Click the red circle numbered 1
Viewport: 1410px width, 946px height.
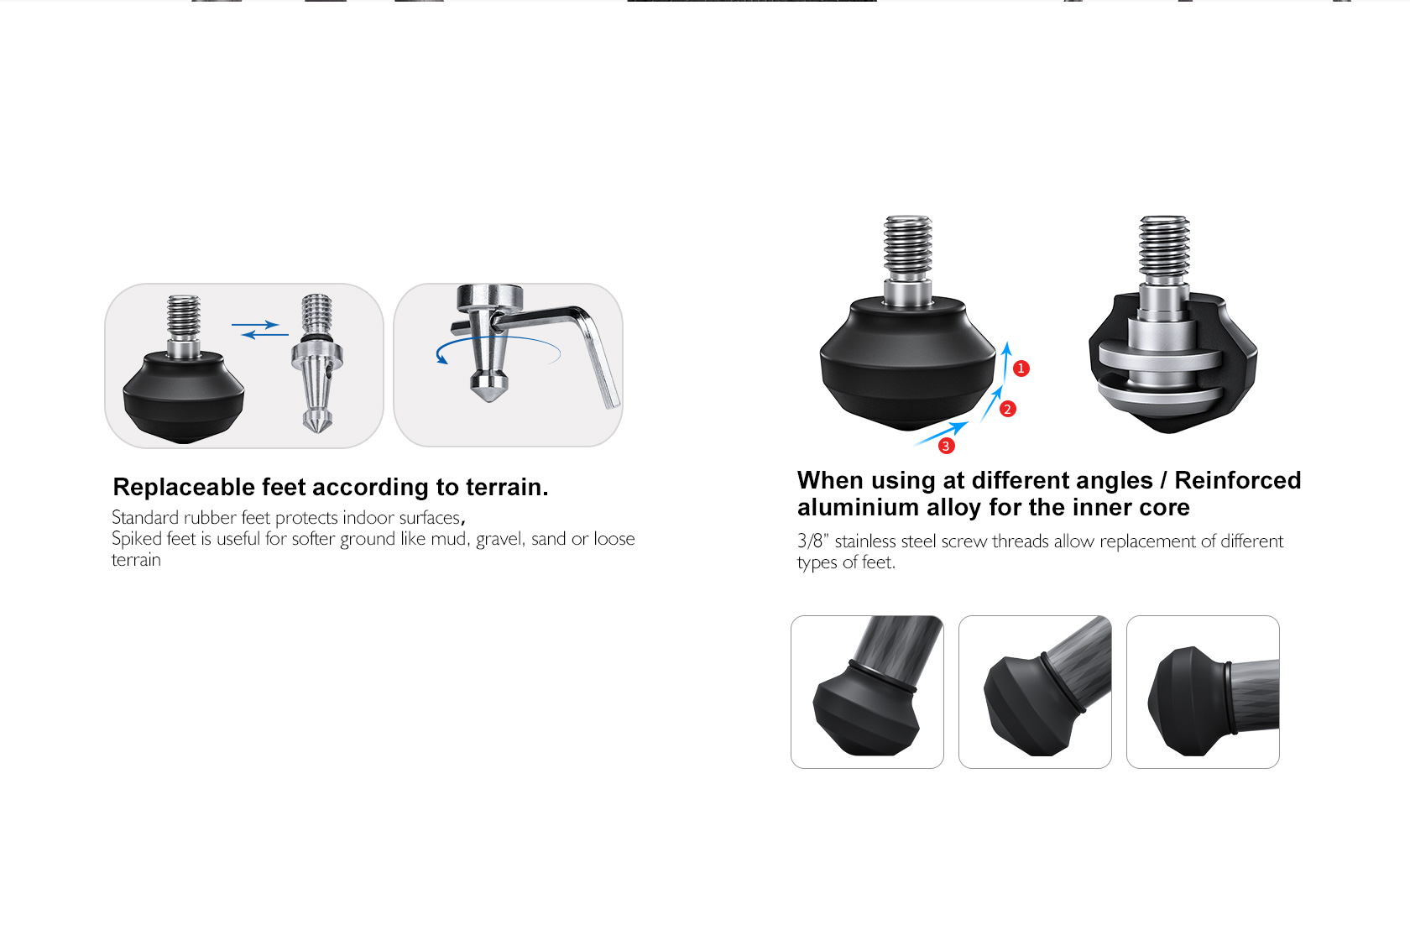coord(1021,368)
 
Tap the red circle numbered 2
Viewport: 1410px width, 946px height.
coord(1008,409)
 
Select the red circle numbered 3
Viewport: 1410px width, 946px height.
coord(946,447)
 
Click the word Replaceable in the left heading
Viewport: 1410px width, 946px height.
coord(184,487)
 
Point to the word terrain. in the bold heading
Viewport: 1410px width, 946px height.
coord(507,487)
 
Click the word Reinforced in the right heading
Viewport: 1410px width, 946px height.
coord(1237,480)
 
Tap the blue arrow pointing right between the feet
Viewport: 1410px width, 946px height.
coord(255,325)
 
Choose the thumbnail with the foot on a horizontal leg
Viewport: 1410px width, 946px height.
coord(1203,692)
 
